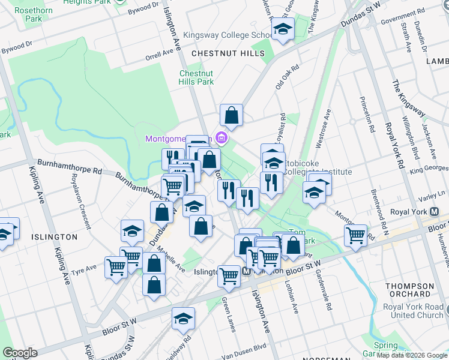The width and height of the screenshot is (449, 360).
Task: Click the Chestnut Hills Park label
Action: pos(196,77)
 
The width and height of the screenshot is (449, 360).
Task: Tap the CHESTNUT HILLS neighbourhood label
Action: pos(228,54)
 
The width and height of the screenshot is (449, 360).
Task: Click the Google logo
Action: pos(20,353)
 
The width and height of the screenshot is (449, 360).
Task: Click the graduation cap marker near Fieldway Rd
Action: pos(183,319)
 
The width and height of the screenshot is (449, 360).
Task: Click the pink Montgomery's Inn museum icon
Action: pos(221,139)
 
